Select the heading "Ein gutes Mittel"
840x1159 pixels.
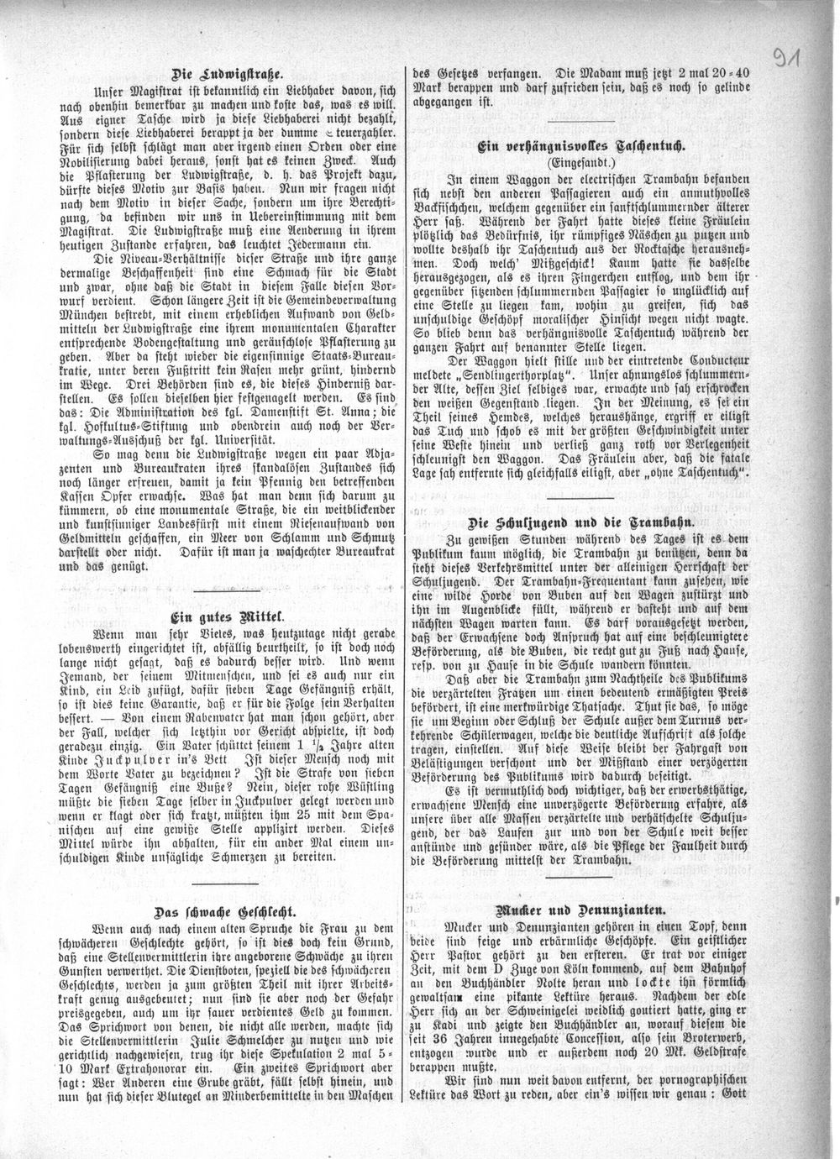click(227, 611)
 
